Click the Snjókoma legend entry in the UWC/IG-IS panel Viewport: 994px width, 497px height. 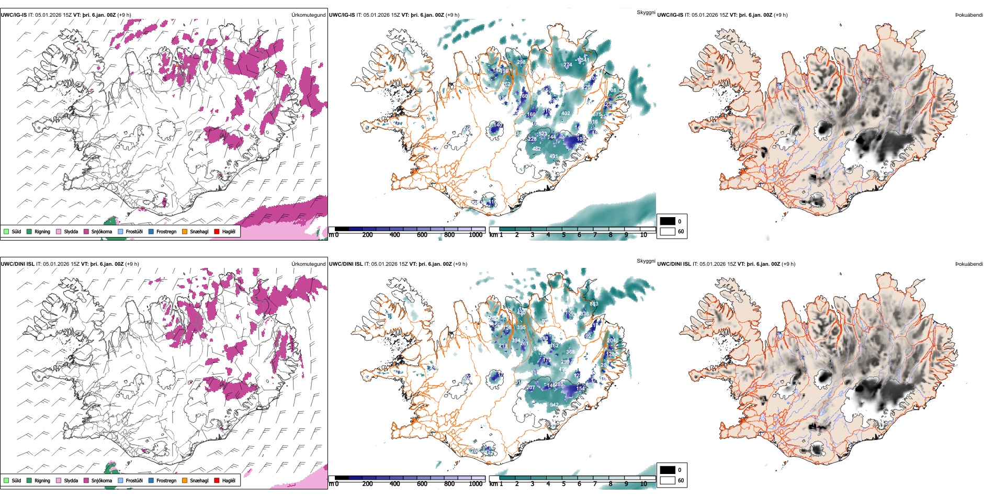pos(101,231)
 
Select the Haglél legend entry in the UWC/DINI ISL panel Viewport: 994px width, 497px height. pos(229,480)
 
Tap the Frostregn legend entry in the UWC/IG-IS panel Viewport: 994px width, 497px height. pos(166,231)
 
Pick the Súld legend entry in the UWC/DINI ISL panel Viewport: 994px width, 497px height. pos(16,480)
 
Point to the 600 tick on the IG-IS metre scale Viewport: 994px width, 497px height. pos(422,235)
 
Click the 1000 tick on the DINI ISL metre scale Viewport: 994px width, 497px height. pos(476,484)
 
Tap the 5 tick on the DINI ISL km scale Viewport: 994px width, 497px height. pos(564,484)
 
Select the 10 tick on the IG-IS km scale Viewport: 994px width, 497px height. pos(643,235)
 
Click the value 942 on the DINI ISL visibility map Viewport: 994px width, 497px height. pos(554,404)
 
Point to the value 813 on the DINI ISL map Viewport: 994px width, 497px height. pos(594,304)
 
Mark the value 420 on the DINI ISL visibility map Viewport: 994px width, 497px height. pos(522,313)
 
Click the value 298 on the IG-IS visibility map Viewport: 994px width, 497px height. pos(522,62)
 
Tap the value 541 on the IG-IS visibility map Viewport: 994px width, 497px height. pos(584,60)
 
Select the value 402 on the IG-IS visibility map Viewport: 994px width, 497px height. pos(566,114)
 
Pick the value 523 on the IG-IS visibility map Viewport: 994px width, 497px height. pos(543,134)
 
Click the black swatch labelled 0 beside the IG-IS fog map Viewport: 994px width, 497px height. pos(668,221)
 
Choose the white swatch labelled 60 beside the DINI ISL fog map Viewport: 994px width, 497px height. pos(668,480)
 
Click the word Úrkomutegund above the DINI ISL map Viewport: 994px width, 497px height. pos(308,264)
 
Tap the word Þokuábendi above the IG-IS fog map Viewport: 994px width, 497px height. pos(969,15)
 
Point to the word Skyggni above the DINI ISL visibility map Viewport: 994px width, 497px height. pos(646,261)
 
